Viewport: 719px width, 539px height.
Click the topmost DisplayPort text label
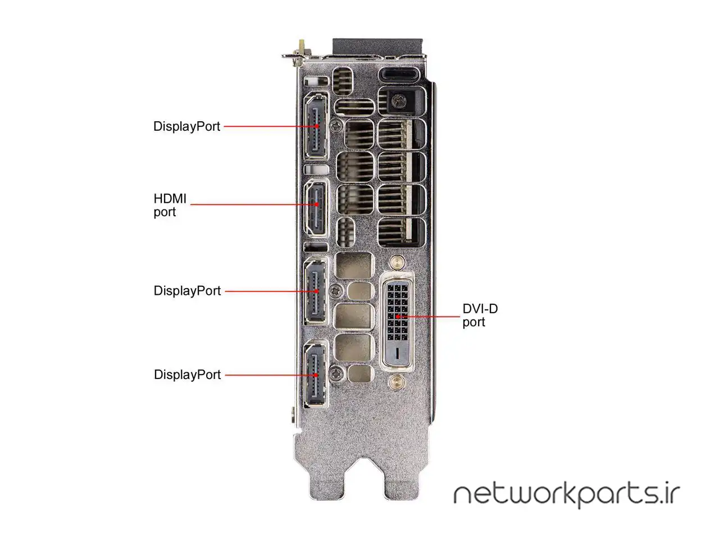186,127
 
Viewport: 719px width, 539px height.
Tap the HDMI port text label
170,205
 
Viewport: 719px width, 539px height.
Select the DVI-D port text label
480,316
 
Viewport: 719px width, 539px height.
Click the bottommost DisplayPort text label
187,374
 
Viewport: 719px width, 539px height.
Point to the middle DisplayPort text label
187,291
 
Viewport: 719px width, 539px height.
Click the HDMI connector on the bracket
316,208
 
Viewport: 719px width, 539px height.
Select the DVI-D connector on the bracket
397,323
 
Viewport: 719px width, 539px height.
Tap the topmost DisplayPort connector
316,126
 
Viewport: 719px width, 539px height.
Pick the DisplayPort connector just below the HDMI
316,291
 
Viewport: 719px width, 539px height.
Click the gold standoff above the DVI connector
397,262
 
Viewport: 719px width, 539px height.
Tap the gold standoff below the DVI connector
397,381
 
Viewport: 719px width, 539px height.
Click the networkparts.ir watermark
567,496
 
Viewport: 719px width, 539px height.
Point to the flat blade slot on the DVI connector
397,353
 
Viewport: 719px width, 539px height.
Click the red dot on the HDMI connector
317,204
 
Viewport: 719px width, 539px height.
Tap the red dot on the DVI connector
397,317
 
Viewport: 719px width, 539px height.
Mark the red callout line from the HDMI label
253,204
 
